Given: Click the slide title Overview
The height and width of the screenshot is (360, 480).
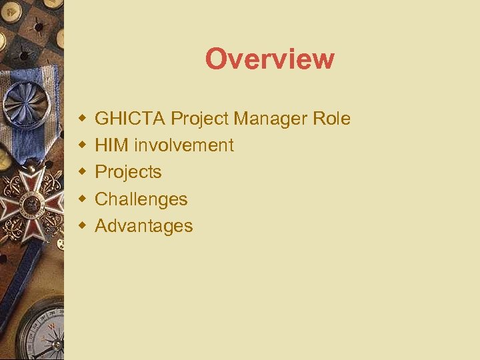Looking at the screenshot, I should (269, 59).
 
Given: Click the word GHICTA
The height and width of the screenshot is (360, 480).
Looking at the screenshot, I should (131, 119).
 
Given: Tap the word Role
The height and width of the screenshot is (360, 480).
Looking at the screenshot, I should (331, 119).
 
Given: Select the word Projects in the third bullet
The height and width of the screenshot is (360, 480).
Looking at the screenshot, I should (128, 172).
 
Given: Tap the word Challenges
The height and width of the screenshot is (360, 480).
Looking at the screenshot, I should (141, 199).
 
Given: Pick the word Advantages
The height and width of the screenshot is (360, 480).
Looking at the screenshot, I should (144, 226).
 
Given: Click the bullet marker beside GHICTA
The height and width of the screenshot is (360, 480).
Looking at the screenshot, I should (82, 119).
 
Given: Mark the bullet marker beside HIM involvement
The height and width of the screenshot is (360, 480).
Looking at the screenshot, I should (82, 145).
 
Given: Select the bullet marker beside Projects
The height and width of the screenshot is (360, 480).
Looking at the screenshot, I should (82, 172).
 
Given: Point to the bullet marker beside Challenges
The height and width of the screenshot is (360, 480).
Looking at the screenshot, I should (82, 199).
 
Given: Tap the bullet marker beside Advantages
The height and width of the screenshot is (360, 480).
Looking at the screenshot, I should (82, 226).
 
